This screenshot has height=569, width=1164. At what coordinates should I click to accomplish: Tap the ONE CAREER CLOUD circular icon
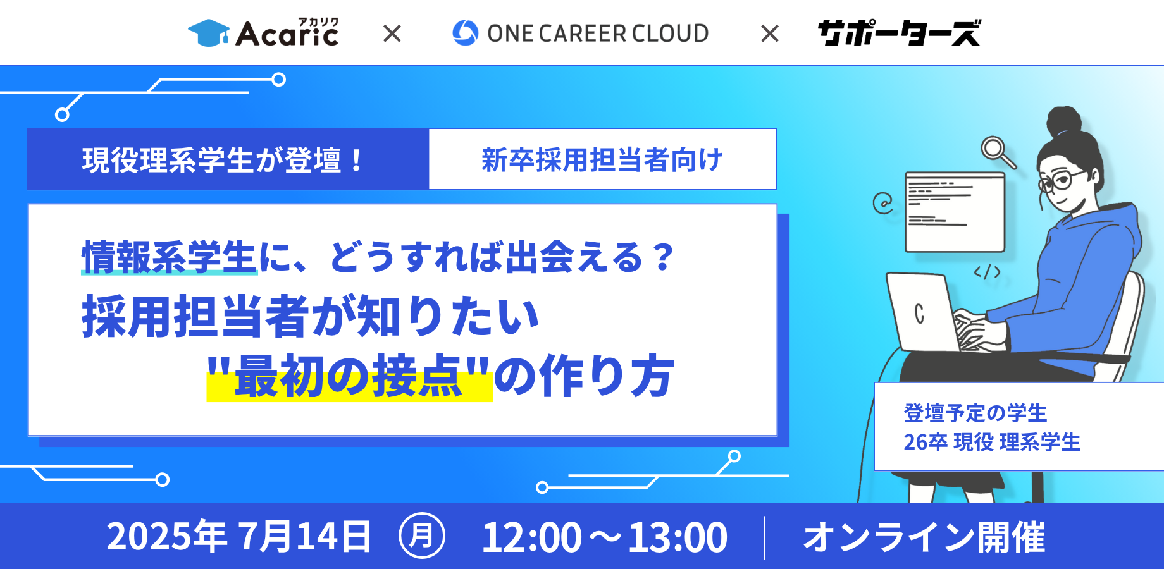(x=466, y=33)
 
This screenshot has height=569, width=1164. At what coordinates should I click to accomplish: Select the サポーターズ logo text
(x=899, y=33)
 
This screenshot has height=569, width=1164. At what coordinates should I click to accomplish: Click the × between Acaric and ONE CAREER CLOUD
(x=392, y=34)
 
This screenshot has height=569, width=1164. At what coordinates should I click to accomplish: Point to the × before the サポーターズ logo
(x=770, y=34)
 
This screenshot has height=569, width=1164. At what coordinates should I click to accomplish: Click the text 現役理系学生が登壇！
(x=223, y=160)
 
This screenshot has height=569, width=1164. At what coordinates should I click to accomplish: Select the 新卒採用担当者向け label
(x=602, y=160)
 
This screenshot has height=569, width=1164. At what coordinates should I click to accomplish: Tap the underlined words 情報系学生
(x=169, y=257)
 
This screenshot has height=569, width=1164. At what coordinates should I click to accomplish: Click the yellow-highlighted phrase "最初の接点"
(x=349, y=376)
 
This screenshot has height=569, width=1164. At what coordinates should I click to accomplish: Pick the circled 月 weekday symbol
(x=422, y=536)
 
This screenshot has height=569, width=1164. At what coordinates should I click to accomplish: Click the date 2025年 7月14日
(x=238, y=537)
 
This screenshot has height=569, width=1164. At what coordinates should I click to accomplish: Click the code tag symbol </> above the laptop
(x=987, y=272)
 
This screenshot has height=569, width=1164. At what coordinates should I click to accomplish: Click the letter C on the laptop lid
(x=919, y=314)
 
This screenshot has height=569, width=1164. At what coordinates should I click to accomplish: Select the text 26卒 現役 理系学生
(x=992, y=442)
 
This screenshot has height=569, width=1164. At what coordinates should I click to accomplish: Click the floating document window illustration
(x=955, y=212)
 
